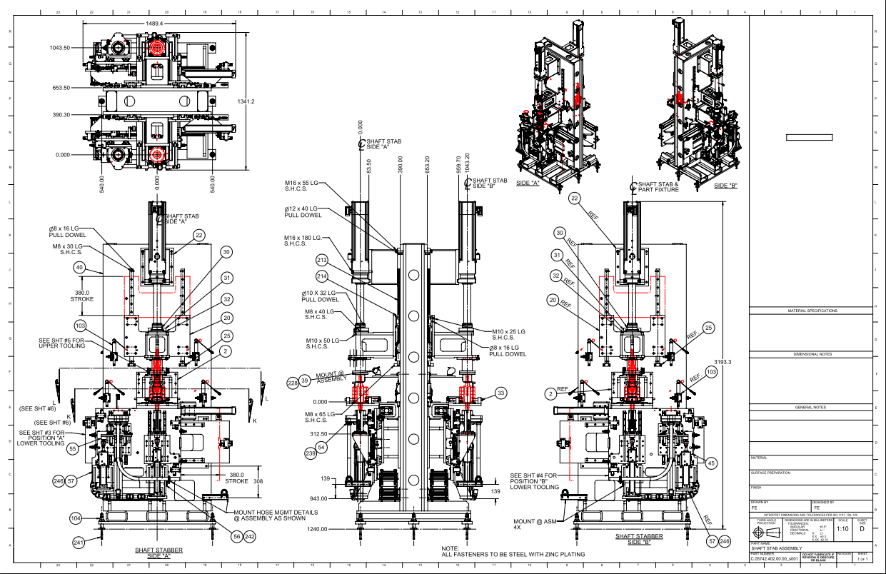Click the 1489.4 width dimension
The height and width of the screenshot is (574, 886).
[155, 23]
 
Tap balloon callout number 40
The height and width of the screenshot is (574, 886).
[80, 267]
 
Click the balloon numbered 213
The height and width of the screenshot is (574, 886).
[322, 261]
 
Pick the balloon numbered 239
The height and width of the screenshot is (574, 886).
[311, 454]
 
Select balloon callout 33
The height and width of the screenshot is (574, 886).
[501, 393]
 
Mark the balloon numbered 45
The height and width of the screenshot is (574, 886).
[711, 463]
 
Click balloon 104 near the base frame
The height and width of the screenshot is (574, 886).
[76, 518]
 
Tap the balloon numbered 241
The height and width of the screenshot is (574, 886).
[79, 543]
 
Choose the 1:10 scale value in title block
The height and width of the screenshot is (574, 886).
[842, 529]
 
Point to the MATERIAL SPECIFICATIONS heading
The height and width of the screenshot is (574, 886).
[812, 311]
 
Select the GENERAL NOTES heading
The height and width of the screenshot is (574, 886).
[812, 407]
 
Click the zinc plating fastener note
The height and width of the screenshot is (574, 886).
[513, 554]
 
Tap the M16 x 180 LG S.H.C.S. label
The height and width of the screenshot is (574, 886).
[301, 241]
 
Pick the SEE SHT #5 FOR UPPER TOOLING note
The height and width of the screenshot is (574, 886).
[61, 343]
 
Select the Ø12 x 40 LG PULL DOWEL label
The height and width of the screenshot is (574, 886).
[303, 211]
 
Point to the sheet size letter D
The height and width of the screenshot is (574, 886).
[862, 529]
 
